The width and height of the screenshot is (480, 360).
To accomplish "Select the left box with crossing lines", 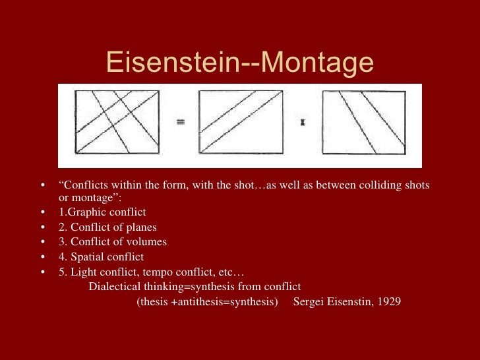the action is coord(117,122).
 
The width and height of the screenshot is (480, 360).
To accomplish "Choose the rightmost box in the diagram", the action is coord(364,122).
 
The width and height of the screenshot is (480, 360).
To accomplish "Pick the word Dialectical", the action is coord(113,287).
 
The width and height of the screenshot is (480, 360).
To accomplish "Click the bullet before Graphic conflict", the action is coord(43,212).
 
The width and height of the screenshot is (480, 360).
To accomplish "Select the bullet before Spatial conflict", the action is coord(43,256).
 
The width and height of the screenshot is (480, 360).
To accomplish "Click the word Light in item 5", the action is coord(82,272).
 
